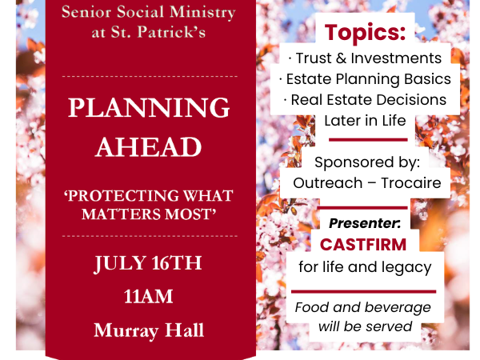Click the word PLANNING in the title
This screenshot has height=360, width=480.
tap(149, 108)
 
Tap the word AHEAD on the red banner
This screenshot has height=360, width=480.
tap(149, 147)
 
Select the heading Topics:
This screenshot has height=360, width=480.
tap(366, 33)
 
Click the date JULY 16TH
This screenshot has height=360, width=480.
tap(148, 263)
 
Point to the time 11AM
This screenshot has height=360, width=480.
tap(149, 297)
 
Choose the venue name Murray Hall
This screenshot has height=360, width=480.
tap(149, 330)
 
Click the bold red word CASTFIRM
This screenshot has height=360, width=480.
tap(363, 245)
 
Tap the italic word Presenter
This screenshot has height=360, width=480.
tap(364, 223)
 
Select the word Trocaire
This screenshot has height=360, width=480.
tap(411, 183)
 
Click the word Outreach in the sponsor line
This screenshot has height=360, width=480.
tap(327, 183)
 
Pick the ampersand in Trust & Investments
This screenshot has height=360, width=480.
tap(341, 58)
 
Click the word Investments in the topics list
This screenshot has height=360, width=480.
tap(396, 58)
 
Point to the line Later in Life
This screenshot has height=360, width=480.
tap(365, 121)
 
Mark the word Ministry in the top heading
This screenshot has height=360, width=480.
tap(202, 13)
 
